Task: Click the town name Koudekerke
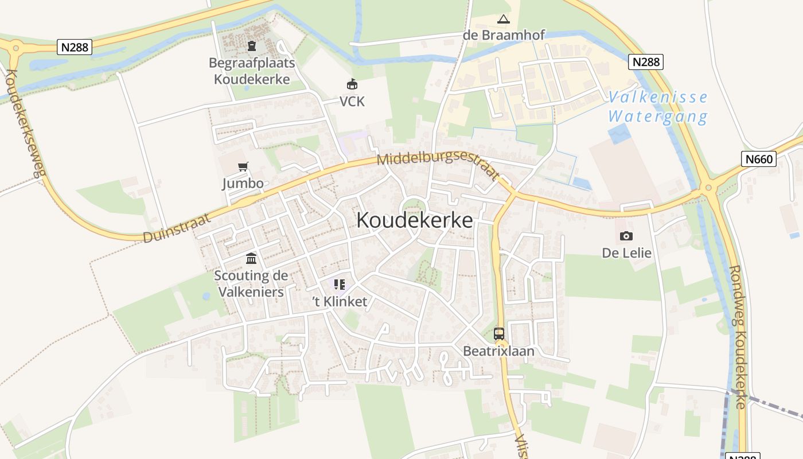click(415, 220)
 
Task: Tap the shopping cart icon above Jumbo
click(243, 167)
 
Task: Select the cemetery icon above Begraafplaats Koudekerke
click(251, 46)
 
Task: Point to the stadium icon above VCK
click(352, 84)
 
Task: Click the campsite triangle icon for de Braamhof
click(503, 20)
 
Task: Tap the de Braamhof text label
click(504, 35)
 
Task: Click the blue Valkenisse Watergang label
click(658, 107)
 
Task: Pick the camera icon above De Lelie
click(626, 236)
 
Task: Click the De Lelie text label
click(626, 252)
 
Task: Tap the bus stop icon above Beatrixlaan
click(498, 333)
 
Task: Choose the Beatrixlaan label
click(498, 351)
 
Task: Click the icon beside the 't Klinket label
click(339, 285)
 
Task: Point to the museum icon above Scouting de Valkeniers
click(251, 259)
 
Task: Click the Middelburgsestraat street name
click(438, 165)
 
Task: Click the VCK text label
click(352, 102)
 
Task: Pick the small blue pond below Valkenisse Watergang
click(619, 134)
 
